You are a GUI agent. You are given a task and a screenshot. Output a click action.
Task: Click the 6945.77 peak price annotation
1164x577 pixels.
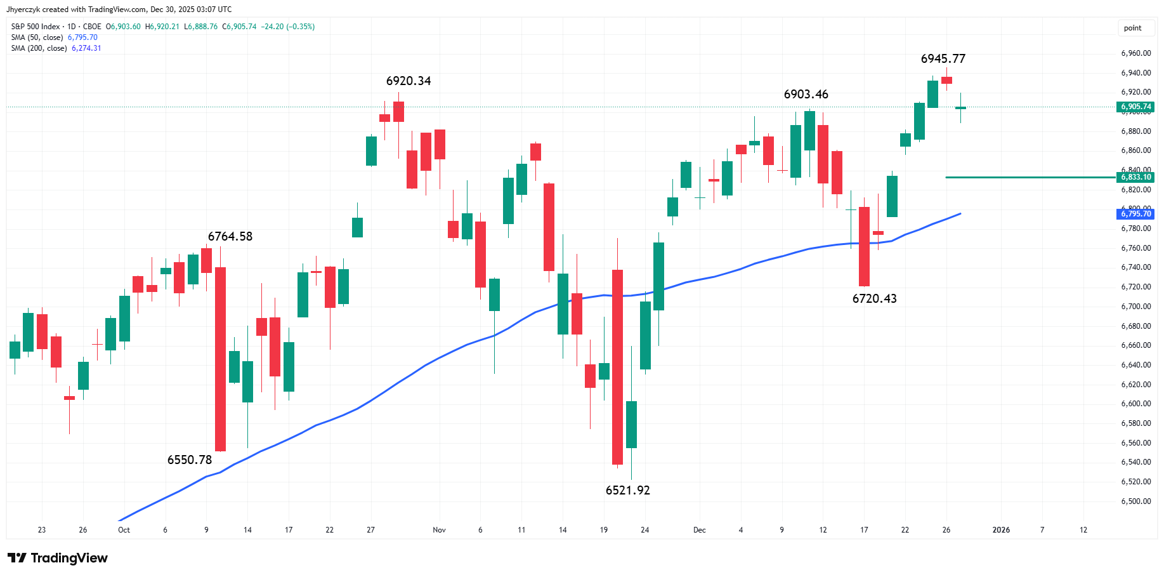point(943,59)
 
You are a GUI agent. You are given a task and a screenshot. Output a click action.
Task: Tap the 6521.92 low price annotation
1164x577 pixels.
point(627,491)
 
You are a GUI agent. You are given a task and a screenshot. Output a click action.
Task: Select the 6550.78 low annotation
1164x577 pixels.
point(189,460)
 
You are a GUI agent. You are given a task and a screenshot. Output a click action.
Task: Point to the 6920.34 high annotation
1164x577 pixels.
point(408,81)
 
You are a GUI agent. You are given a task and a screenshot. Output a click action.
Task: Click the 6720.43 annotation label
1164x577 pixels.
point(874,299)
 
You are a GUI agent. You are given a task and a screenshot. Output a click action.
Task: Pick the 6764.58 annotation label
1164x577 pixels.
point(230,237)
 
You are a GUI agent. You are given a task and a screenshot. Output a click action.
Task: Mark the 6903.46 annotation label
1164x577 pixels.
point(806,95)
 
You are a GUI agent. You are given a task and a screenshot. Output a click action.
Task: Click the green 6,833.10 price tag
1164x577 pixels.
point(1135,177)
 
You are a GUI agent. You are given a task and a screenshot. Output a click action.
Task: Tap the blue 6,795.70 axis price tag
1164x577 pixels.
point(1135,214)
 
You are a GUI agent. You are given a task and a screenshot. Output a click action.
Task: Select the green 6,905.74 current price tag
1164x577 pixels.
point(1135,107)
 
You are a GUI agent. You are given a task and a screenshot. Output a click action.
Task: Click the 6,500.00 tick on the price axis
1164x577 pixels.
point(1135,501)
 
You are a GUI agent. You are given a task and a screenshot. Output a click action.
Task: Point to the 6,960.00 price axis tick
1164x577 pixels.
point(1135,54)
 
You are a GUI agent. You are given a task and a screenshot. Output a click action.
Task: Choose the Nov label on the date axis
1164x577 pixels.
point(439,530)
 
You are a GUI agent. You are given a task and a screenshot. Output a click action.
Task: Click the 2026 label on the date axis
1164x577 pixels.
point(1000,530)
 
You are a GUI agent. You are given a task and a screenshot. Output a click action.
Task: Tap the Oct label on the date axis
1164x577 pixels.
point(124,530)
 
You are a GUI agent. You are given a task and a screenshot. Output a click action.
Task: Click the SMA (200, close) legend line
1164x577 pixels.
point(56,48)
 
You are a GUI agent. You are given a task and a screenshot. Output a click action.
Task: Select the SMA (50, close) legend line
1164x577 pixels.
point(54,37)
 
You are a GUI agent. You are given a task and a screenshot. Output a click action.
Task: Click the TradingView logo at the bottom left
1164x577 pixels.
point(58,558)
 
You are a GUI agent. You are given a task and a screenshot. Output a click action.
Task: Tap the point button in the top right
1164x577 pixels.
point(1132,28)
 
